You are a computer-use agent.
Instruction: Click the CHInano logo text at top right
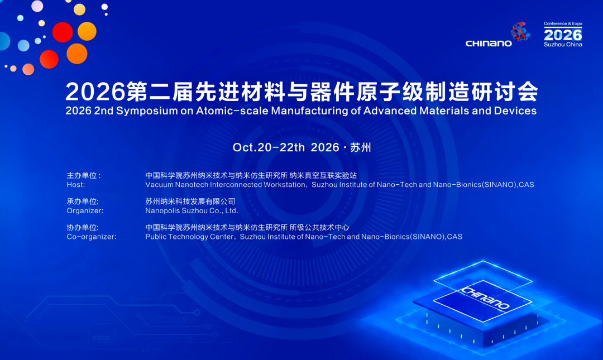[x=489, y=44]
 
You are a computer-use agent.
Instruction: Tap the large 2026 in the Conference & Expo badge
[x=563, y=35]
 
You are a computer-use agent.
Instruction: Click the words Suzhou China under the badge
[x=563, y=45]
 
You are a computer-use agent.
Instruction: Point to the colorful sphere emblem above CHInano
[x=520, y=32]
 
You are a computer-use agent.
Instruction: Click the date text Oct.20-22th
[x=269, y=147]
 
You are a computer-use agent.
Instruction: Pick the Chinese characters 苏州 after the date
[x=360, y=147]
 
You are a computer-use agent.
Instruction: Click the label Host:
[x=76, y=185]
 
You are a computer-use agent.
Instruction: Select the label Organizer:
[x=85, y=211]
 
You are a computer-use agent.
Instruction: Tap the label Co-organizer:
[x=92, y=237]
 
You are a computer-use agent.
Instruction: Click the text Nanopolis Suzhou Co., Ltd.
[x=192, y=211]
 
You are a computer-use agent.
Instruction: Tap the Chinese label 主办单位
[x=82, y=175]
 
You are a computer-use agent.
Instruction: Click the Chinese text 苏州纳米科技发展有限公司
[x=190, y=201]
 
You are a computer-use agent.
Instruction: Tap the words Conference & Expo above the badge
[x=563, y=24]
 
